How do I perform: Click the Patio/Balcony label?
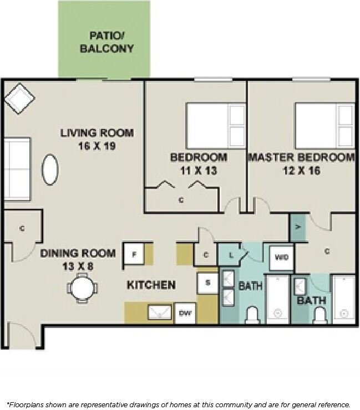(x=107, y=42)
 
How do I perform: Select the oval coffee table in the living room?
(x=50, y=169)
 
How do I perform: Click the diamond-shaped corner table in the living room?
(x=19, y=99)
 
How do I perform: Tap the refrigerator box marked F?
(x=133, y=255)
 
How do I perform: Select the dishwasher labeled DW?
(x=185, y=313)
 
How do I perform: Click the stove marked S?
(x=207, y=283)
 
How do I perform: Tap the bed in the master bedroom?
(x=324, y=125)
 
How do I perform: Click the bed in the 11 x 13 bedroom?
(x=215, y=125)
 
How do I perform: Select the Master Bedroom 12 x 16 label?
(x=301, y=163)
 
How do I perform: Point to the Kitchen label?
(x=151, y=285)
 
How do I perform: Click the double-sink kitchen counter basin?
(x=160, y=312)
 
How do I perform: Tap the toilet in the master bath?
(x=320, y=315)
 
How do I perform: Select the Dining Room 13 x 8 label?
(x=78, y=259)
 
